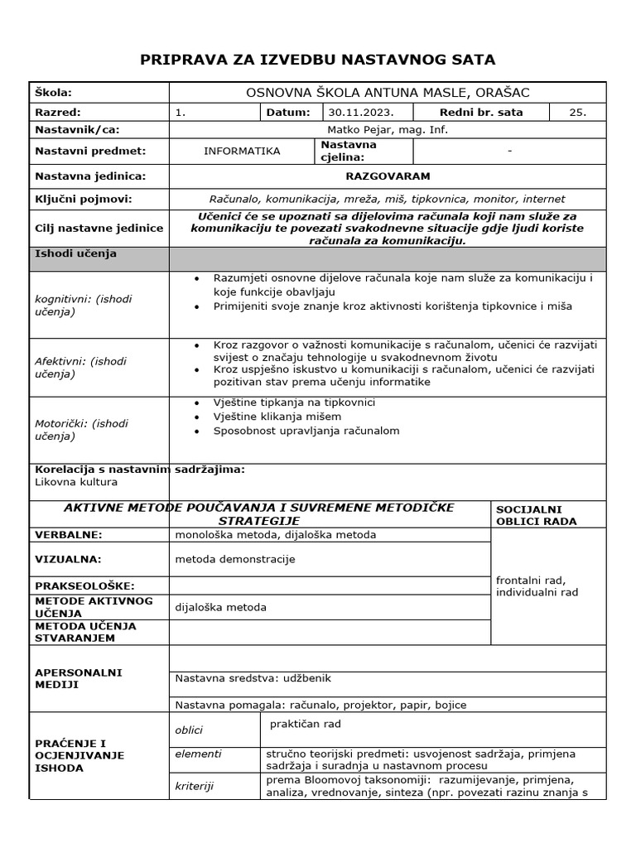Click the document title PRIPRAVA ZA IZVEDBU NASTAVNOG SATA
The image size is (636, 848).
(x=318, y=59)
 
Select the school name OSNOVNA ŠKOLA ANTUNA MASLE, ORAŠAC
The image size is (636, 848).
(x=388, y=93)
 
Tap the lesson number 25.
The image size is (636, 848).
(x=577, y=113)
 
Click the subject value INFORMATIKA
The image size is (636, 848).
(x=242, y=151)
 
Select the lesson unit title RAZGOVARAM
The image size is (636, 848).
(x=388, y=176)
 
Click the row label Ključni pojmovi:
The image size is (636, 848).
(x=84, y=199)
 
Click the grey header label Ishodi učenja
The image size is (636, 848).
(x=76, y=254)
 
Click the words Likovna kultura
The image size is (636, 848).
(x=76, y=482)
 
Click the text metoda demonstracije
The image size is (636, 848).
(x=235, y=559)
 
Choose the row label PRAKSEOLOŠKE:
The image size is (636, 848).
(x=84, y=586)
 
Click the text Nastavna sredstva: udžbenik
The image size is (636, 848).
(x=253, y=678)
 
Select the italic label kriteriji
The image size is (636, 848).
(x=195, y=786)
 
